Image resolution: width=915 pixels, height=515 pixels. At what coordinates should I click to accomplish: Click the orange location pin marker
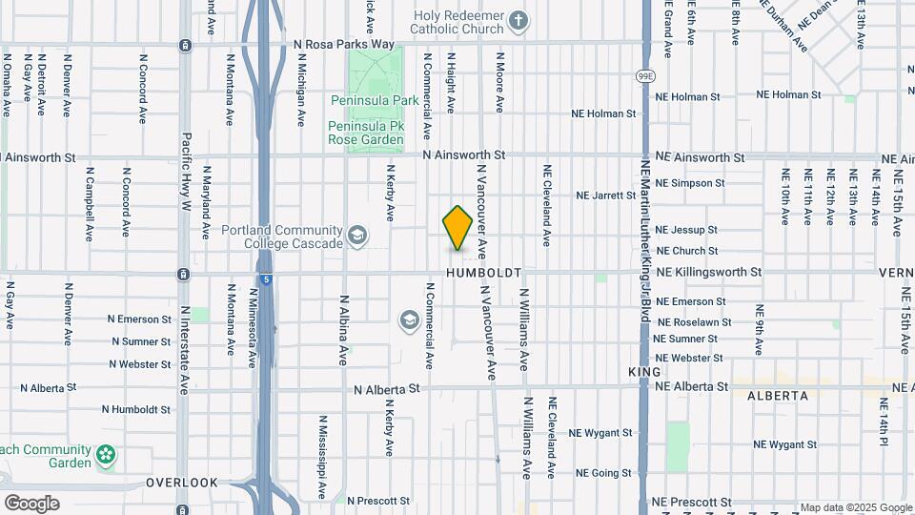click(x=457, y=227)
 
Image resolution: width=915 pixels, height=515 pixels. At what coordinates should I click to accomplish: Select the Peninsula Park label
click(x=375, y=99)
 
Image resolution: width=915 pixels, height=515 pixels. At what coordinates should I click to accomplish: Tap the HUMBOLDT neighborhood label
click(x=483, y=273)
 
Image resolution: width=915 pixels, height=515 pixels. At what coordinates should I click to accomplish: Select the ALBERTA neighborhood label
click(x=777, y=395)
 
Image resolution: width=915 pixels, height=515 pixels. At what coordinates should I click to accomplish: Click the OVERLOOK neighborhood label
click(x=182, y=483)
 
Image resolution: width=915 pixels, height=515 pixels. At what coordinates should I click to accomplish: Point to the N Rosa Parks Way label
click(x=344, y=44)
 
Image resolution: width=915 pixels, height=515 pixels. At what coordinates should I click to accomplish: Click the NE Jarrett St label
click(x=605, y=196)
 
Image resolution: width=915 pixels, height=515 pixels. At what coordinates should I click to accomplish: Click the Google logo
click(x=31, y=504)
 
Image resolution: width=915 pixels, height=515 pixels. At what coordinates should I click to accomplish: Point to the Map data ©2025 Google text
click(x=855, y=507)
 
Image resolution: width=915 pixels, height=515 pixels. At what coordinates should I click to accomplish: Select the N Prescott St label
click(x=378, y=500)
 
